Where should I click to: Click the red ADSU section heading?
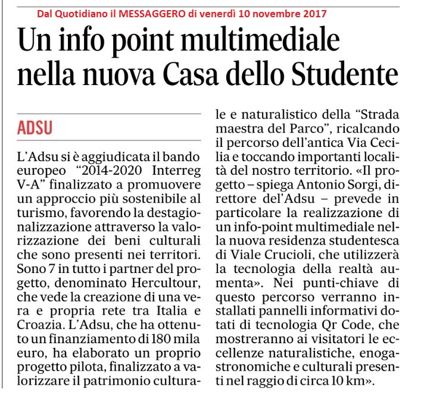(x=35, y=127)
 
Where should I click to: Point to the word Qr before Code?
(x=347, y=325)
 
